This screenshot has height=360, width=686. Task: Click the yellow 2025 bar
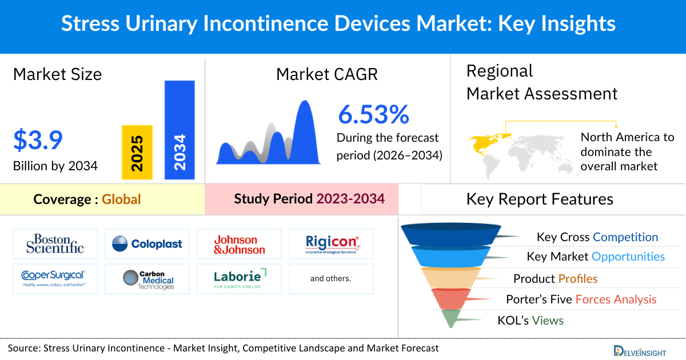click(x=137, y=152)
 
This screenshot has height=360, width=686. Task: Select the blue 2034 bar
click(x=180, y=130)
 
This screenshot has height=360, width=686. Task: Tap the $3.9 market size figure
click(x=38, y=141)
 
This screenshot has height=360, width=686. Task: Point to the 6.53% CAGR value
click(x=373, y=114)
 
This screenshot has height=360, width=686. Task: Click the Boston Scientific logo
click(x=55, y=244)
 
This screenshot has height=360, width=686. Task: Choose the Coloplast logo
click(x=147, y=244)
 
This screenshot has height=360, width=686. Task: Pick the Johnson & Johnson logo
click(x=239, y=245)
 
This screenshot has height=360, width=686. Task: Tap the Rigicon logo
click(x=332, y=245)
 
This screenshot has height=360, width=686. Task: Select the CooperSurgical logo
click(x=55, y=278)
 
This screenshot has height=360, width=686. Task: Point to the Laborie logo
click(x=239, y=278)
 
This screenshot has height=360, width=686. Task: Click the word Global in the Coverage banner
click(x=121, y=199)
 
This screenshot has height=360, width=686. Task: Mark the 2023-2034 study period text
click(x=350, y=198)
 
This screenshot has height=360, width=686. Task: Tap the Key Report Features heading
click(x=540, y=199)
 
